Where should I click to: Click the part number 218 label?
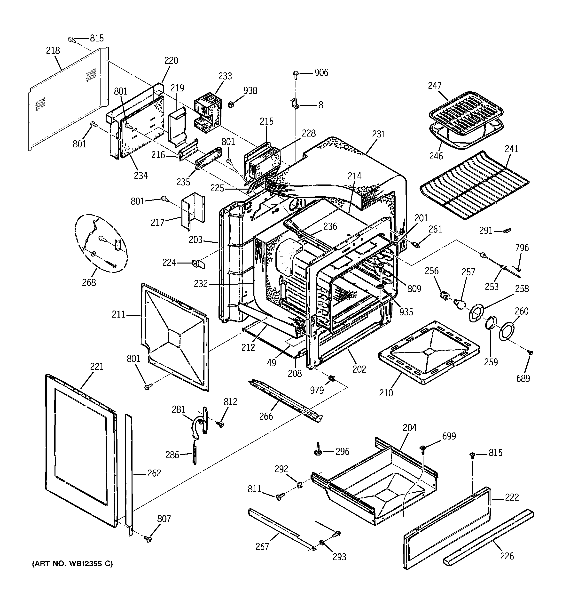(x=53, y=50)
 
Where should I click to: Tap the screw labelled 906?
(x=296, y=74)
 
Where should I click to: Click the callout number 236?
(x=330, y=226)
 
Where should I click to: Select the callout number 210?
(x=386, y=393)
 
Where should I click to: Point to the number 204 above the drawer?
(x=409, y=428)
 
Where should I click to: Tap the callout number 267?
(x=262, y=547)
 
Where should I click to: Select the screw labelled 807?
(x=148, y=538)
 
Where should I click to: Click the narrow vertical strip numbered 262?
(x=129, y=474)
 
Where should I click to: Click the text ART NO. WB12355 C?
(x=72, y=564)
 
